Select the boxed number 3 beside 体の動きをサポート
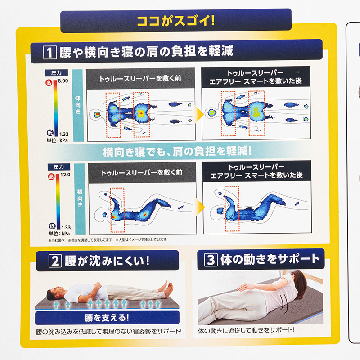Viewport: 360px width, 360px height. (x=211, y=260)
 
